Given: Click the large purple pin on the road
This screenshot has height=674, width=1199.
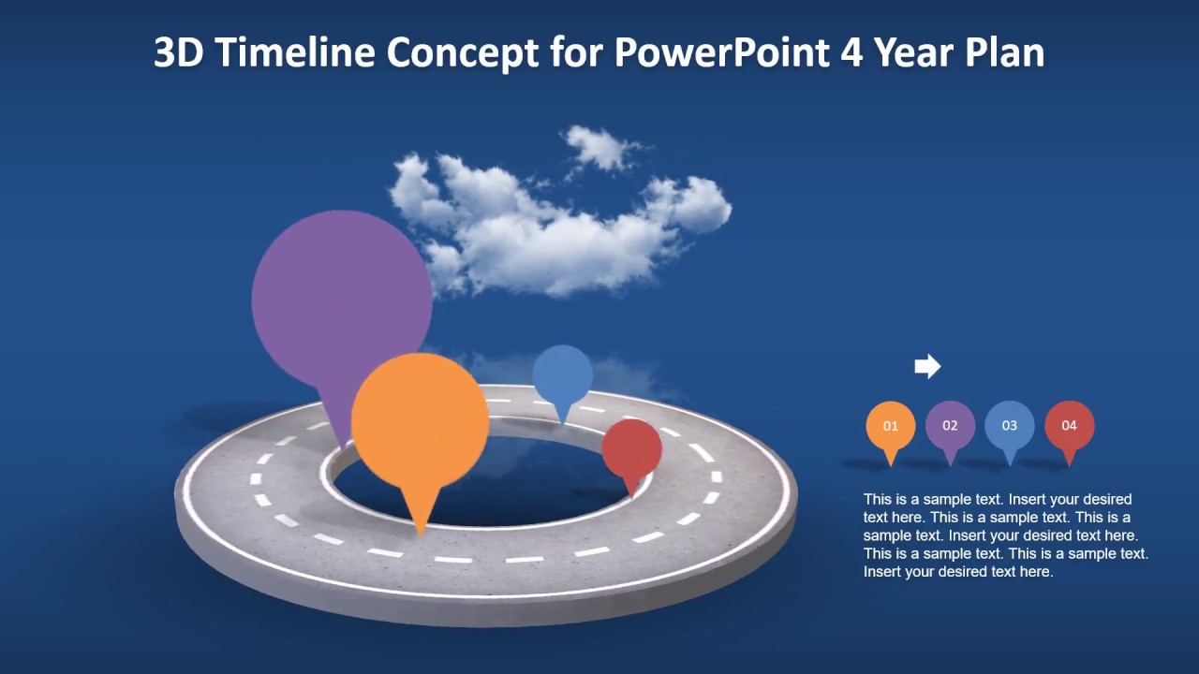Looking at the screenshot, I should click(x=341, y=298).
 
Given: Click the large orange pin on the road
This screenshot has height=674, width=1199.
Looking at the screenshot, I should click(x=420, y=422).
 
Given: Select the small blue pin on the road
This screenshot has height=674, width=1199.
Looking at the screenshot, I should click(x=563, y=374).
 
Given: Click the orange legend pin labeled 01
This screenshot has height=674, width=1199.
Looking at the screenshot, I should click(x=890, y=426).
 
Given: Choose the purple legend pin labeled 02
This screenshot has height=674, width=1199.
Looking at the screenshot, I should click(x=950, y=426).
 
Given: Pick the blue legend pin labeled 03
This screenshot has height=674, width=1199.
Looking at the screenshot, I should click(x=1009, y=426).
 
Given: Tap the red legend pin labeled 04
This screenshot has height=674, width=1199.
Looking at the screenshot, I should click(x=1069, y=426).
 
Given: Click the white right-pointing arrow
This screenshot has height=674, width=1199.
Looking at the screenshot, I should click(x=927, y=366).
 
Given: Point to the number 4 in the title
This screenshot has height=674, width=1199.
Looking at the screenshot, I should click(x=851, y=53).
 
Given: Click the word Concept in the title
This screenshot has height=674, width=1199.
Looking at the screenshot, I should click(x=456, y=53).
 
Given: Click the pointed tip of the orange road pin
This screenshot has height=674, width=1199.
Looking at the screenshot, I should click(x=421, y=531).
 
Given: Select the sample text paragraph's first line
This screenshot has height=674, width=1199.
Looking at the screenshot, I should click(x=997, y=499).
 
